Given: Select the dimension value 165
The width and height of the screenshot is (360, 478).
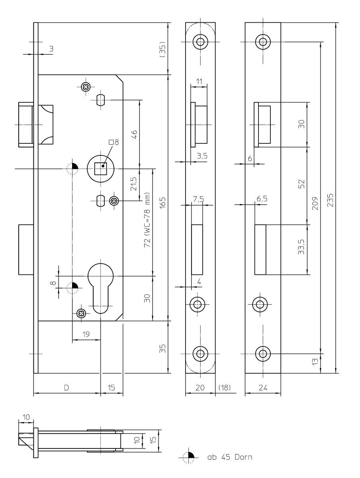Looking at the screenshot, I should pyautogui.click(x=162, y=202).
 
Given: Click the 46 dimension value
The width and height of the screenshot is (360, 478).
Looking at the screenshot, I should pyautogui.click(x=134, y=134).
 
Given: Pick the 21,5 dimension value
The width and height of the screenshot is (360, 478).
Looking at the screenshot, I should pyautogui.click(x=134, y=184).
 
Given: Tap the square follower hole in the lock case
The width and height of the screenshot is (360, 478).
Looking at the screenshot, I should pyautogui.click(x=101, y=169).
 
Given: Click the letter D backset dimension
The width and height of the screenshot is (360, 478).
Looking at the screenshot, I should pyautogui.click(x=67, y=388).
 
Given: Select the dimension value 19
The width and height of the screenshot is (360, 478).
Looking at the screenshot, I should pyautogui.click(x=86, y=335).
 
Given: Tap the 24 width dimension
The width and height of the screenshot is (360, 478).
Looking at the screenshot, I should pyautogui.click(x=262, y=388).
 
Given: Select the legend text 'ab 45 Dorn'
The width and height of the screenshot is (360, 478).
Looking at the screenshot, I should pyautogui.click(x=229, y=457).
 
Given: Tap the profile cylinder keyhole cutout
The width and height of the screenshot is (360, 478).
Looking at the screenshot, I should pyautogui.click(x=101, y=287).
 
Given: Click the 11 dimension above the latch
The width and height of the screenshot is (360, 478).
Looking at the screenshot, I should pyautogui.click(x=199, y=81).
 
